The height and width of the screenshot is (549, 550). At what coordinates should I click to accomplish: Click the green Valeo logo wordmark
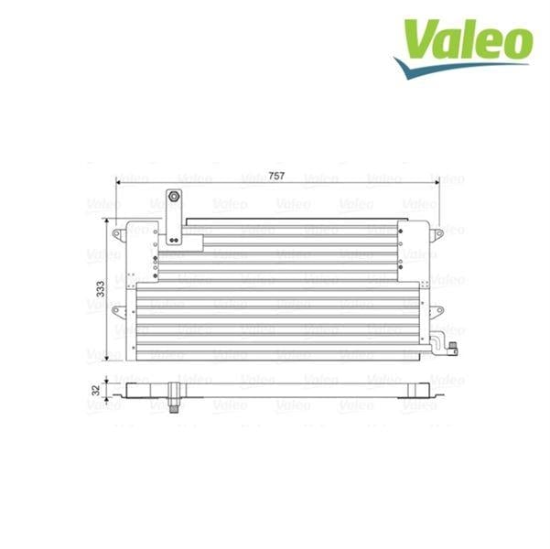click(469, 39)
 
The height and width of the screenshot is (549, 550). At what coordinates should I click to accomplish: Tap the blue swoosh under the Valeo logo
click(456, 68)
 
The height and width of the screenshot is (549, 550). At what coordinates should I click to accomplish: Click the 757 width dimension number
click(276, 176)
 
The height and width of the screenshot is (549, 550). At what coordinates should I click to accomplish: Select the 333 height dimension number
click(101, 289)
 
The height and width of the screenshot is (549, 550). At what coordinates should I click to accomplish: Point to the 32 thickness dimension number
click(96, 390)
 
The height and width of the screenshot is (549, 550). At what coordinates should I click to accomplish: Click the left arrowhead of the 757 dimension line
click(118, 182)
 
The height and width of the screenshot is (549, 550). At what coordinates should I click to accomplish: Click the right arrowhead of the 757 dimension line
click(437, 182)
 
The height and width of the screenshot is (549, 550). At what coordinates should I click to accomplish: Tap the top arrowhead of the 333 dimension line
click(107, 221)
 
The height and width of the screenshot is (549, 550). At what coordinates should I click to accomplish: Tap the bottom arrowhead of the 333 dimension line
click(107, 357)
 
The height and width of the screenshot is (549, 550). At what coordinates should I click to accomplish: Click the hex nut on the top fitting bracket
click(174, 196)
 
